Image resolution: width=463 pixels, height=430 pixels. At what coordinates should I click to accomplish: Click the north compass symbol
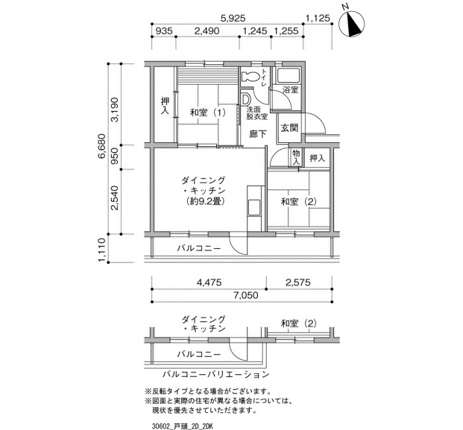coord(351,24)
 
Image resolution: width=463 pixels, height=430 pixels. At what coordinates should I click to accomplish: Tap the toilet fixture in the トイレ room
coord(250,77)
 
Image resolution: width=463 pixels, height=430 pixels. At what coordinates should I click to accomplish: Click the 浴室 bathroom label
coord(290,90)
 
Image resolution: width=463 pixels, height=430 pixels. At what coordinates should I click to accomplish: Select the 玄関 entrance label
coord(290,128)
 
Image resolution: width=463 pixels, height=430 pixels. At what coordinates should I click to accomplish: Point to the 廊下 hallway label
coord(257,134)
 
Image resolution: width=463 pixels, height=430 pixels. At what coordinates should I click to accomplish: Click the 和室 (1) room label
coord(208,112)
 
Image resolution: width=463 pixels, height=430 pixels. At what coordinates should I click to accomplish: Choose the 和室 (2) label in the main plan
coord(299,202)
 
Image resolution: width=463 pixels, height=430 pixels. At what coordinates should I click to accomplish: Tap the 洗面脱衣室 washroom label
coord(257,112)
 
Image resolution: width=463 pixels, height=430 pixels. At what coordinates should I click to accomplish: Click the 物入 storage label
coord(296,157)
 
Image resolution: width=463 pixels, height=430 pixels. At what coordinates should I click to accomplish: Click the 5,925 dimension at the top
coord(233,19)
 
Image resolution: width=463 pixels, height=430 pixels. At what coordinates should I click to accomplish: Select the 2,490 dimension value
coord(206,30)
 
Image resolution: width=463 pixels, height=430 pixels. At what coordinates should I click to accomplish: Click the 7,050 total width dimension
coord(245,295)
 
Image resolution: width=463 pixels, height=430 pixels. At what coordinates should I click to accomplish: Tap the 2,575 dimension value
coord(298,282)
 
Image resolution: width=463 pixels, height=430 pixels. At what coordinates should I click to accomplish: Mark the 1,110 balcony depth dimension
coord(102,250)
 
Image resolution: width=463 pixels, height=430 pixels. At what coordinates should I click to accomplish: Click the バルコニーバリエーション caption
coord(216,374)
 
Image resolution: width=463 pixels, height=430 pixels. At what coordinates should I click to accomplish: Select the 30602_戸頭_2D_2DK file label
coord(182,427)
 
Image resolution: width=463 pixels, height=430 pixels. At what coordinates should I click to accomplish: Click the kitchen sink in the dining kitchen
coord(254,208)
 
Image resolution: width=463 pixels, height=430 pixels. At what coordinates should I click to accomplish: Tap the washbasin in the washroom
coord(245,99)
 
